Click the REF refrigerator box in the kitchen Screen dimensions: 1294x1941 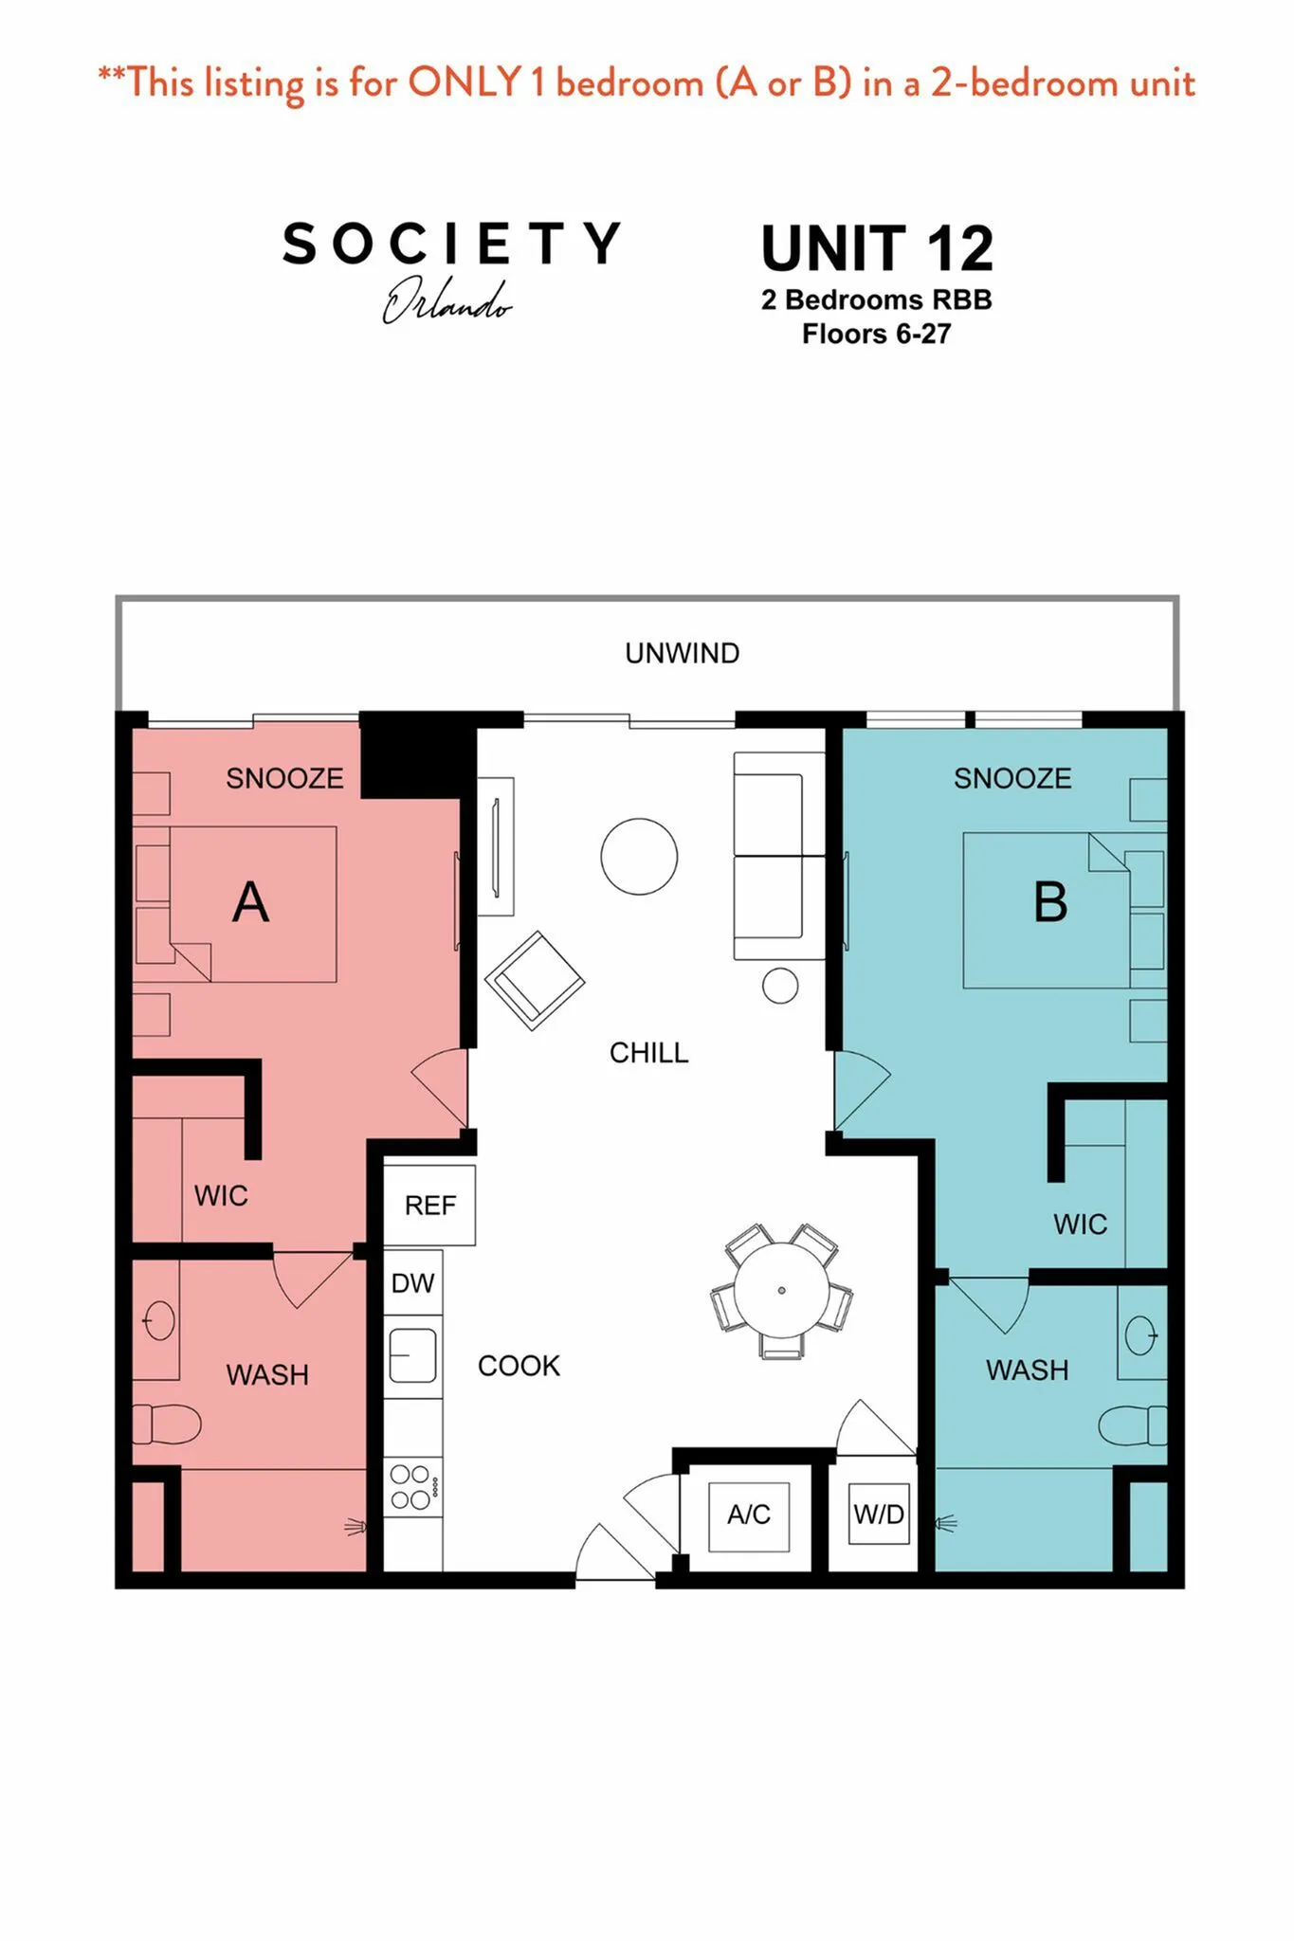click(429, 1205)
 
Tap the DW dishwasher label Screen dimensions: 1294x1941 click(412, 1283)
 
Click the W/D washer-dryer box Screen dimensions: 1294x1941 click(879, 1514)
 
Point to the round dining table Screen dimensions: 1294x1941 click(781, 1290)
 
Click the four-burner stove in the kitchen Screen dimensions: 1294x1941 click(413, 1486)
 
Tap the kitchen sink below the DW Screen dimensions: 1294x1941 click(413, 1354)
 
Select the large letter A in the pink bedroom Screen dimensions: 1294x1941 click(250, 901)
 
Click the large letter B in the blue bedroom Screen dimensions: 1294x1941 click(1050, 901)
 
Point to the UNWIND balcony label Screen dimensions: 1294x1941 click(683, 653)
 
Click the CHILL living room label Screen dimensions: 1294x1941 click(648, 1052)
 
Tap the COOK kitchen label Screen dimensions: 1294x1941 click(519, 1366)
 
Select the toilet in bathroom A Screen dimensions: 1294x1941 click(167, 1424)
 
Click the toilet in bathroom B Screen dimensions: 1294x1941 click(1133, 1425)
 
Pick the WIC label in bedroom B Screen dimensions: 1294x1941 click(1080, 1224)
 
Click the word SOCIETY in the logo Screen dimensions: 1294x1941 click(451, 244)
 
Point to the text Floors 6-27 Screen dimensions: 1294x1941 click(876, 334)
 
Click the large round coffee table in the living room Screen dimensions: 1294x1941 click(639, 857)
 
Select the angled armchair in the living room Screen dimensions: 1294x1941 click(535, 981)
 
